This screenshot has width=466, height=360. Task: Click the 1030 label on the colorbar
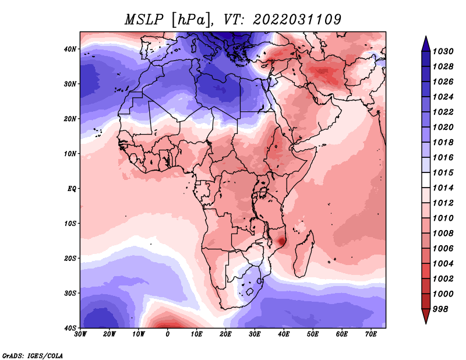click(443, 51)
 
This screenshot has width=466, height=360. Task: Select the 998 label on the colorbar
click(440, 309)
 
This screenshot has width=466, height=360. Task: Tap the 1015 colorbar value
click(443, 172)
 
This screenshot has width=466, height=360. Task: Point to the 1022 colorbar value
click(443, 112)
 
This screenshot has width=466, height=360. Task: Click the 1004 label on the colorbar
click(443, 264)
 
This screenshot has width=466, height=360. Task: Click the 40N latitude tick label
click(70, 49)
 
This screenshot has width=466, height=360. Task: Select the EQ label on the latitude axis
click(72, 189)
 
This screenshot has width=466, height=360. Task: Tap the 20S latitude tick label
click(70, 258)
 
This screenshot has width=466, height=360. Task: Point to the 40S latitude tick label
click(70, 328)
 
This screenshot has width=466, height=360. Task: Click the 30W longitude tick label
click(80, 334)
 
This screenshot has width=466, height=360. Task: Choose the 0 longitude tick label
click(168, 334)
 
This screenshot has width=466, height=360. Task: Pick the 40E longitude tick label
click(284, 334)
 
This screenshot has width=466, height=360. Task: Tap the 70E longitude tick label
click(371, 334)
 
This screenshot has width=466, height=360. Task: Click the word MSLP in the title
click(144, 20)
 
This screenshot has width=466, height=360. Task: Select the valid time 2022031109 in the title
click(297, 20)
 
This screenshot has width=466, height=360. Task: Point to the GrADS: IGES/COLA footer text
click(33, 355)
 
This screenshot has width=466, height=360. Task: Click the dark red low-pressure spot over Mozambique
click(281, 241)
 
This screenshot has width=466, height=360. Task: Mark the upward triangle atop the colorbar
click(426, 44)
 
